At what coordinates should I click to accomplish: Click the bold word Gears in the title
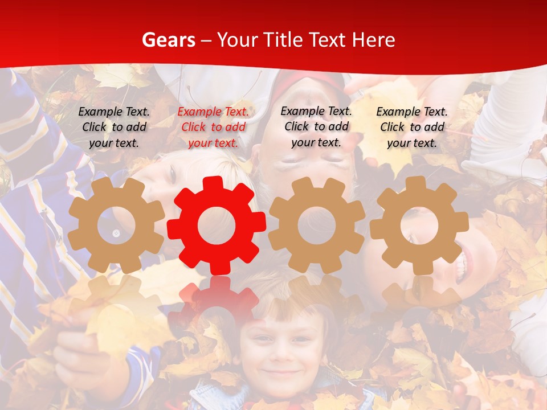coord(168,40)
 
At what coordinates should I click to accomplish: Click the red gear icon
coord(217,225)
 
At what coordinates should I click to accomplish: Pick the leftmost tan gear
coord(116,225)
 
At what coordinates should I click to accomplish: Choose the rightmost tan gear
coord(419,225)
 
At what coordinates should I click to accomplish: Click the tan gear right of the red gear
coord(317,225)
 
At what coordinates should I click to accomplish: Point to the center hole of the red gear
coord(217,225)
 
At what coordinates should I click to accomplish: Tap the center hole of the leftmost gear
coord(116,225)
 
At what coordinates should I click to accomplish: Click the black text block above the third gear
coord(316,127)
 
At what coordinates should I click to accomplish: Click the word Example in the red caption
coord(200,112)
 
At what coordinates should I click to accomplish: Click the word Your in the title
coord(234,40)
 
